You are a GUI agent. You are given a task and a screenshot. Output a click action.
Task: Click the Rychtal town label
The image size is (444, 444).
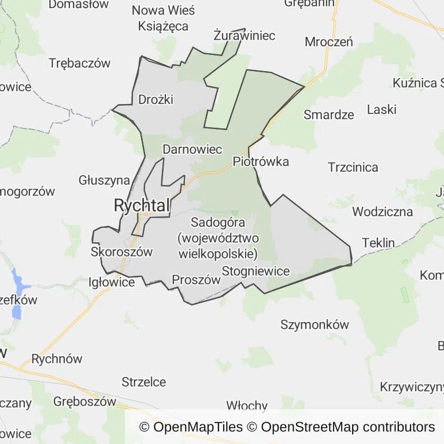click(x=142, y=205)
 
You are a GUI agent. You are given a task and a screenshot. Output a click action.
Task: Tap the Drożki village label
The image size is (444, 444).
click(x=156, y=99)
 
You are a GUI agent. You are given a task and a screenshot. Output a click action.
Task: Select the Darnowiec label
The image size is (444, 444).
click(x=193, y=149)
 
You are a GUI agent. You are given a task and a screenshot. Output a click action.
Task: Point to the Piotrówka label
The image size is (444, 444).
click(x=261, y=161)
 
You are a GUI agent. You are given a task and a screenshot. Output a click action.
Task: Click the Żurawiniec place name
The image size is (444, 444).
click(x=244, y=35)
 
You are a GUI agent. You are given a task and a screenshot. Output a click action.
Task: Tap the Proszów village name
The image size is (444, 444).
click(x=197, y=280)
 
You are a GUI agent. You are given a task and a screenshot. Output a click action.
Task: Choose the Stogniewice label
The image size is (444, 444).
click(x=256, y=271)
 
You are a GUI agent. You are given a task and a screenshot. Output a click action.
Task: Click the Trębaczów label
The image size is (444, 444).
click(x=80, y=64)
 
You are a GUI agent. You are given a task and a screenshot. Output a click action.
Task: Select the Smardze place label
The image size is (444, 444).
click(x=329, y=114)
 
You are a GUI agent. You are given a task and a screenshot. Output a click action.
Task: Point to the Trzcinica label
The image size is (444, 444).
click(x=353, y=168)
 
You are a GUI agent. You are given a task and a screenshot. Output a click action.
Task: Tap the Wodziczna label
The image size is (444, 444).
click(x=382, y=211)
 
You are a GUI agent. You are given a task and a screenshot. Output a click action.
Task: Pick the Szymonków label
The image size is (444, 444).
click(x=314, y=324)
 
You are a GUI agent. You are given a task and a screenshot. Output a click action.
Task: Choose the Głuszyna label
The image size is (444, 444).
click(x=104, y=180)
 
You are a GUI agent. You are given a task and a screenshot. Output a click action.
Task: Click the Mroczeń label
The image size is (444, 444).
click(x=329, y=42)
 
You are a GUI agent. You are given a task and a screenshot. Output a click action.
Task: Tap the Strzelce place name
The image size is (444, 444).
click(x=144, y=382)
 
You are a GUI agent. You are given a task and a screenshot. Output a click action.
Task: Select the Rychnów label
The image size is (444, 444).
click(x=57, y=359)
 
